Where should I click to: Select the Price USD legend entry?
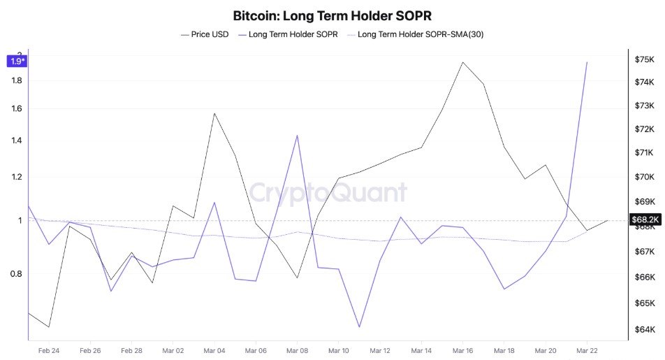coord(205,34)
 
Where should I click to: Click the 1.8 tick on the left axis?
coord(17,80)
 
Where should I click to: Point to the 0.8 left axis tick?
coord(17,273)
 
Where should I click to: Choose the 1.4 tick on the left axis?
coord(17,141)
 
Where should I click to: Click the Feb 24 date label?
coord(49,350)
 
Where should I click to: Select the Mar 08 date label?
coord(298,350)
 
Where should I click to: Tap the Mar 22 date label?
coord(587,350)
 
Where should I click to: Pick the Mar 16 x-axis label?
coord(462,350)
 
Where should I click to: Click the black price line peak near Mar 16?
coord(462,62)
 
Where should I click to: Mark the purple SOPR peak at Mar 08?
coord(298,136)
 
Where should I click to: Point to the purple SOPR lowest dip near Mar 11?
coord(359,326)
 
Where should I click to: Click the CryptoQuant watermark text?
coord(328,192)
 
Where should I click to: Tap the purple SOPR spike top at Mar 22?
coord(587,62)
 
